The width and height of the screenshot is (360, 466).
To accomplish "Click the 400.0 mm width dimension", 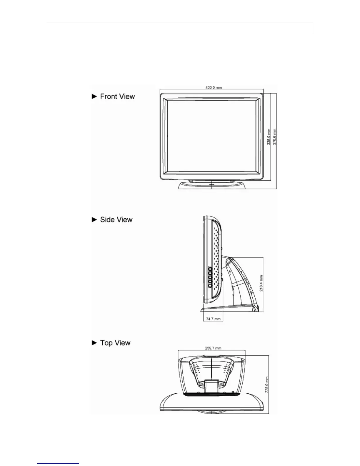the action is pos(214,87).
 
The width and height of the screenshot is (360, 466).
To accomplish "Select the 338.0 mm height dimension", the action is pos(269,136).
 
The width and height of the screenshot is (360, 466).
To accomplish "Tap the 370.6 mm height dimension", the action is pos(275,136).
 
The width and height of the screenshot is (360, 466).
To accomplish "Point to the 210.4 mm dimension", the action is pos(261,283).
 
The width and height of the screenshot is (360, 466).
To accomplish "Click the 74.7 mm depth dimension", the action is pos(213,319).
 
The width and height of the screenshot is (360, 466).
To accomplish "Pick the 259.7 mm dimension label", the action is pos(213,348).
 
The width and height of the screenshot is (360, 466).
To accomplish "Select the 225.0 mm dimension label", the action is pos(267,385).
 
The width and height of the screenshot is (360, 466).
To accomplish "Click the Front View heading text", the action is pos(117,96).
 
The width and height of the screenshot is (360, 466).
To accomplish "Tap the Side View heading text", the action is pos(116,220).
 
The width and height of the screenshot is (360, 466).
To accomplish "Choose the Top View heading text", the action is pos(115,343).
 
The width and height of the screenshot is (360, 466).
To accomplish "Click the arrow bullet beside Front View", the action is pos(94,96).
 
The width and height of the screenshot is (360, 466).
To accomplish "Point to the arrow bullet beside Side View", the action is pos(94,220).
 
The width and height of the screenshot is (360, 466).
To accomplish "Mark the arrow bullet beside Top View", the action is pos(94,343).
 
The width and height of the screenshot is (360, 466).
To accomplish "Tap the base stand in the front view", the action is pos(211,185).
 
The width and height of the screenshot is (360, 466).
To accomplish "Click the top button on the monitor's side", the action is pos(210,269).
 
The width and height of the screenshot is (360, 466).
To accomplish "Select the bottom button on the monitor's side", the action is pos(210,285).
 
